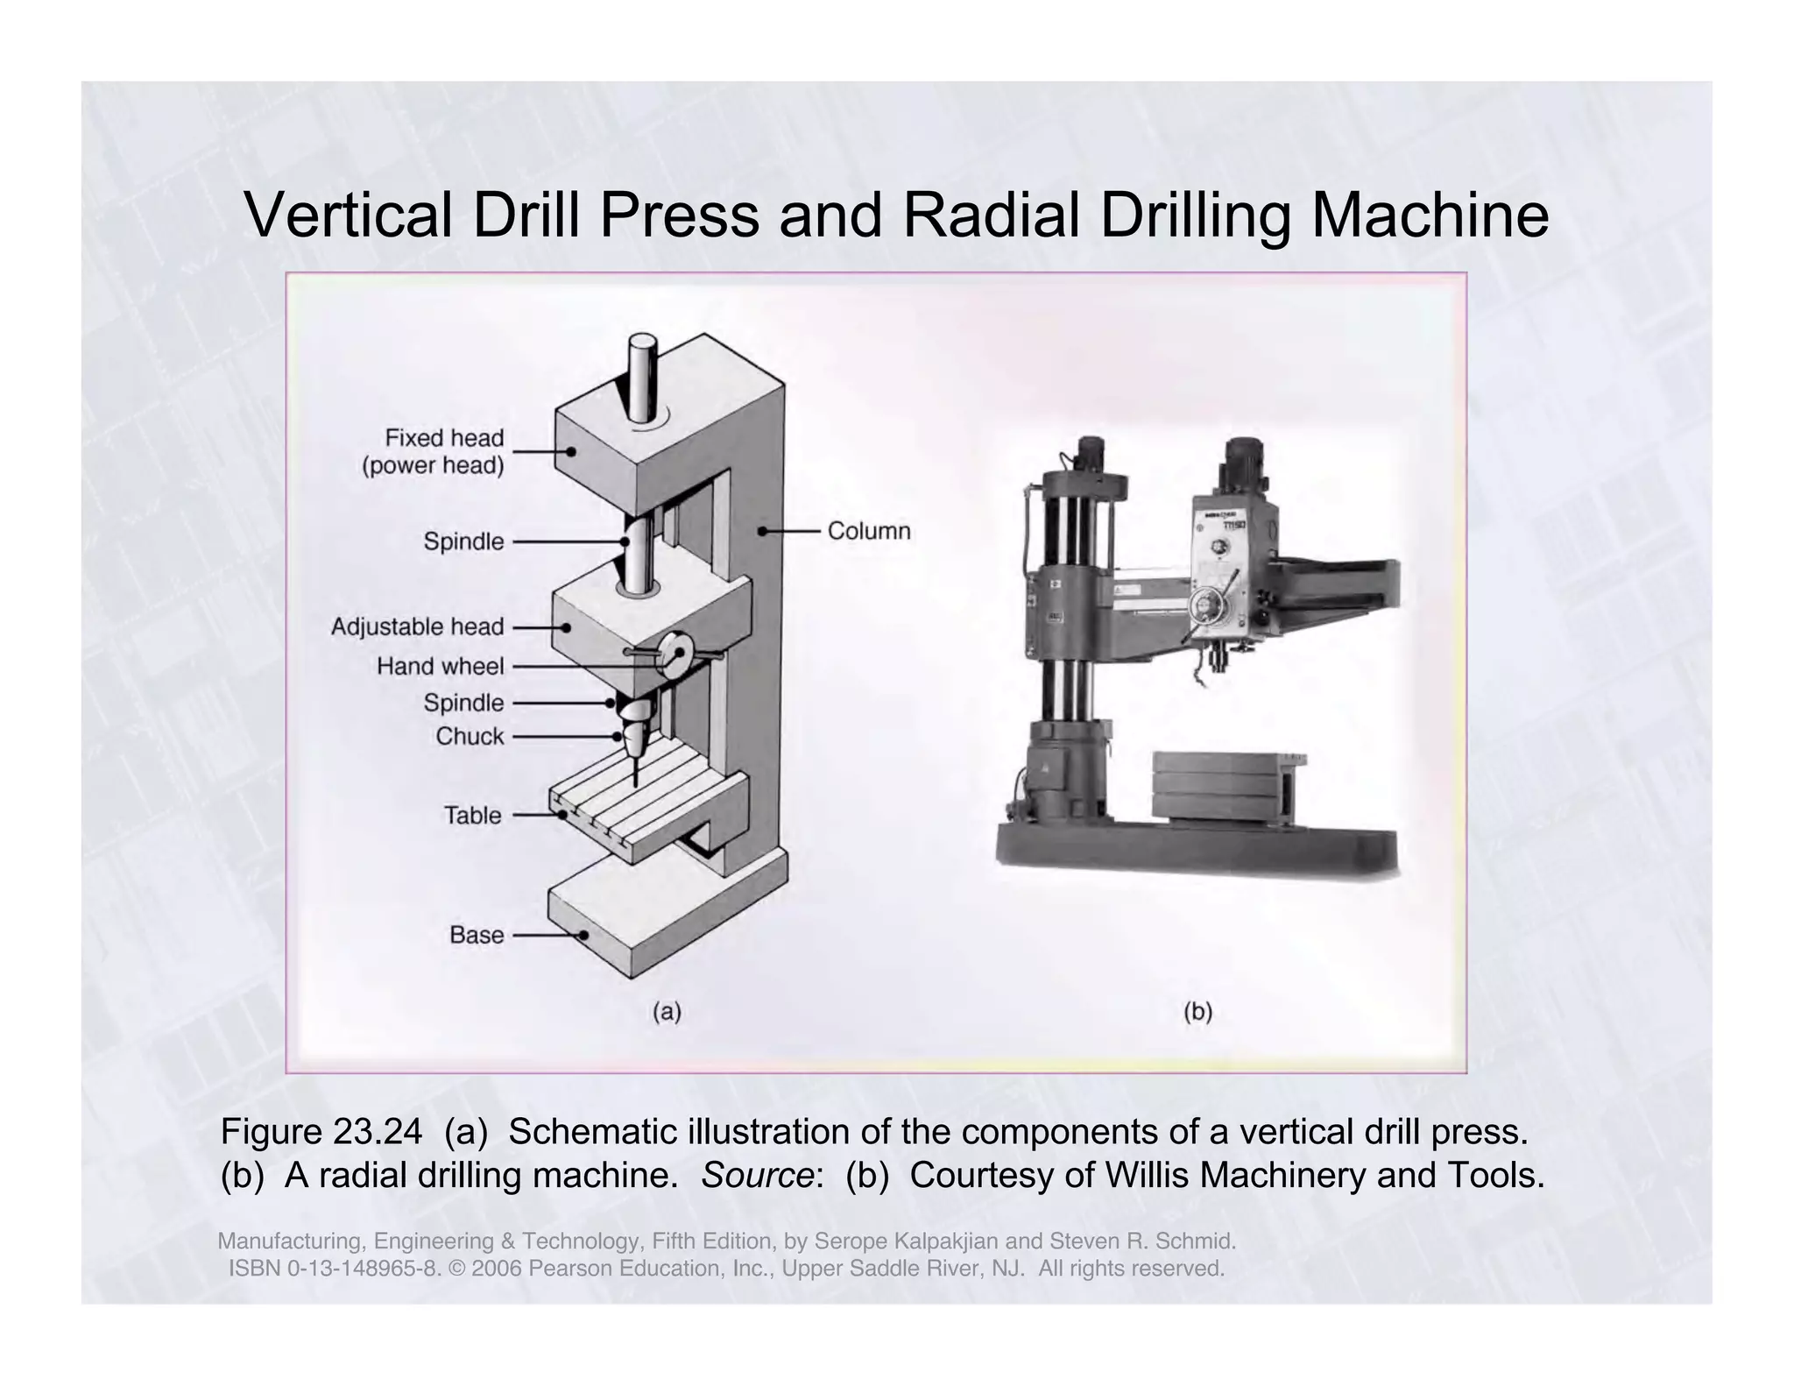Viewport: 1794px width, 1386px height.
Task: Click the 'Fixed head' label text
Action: [x=444, y=438]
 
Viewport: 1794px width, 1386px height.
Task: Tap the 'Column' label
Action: [x=868, y=531]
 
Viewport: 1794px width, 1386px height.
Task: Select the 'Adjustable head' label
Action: [x=417, y=627]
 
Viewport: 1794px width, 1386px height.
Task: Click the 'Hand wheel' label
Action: [x=440, y=667]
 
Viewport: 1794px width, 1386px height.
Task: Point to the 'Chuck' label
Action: [x=470, y=737]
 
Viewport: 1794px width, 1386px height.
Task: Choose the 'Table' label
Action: [x=472, y=816]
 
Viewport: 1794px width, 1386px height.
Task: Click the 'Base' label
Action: [x=477, y=936]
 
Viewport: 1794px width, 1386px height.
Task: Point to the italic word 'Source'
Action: [x=757, y=1176]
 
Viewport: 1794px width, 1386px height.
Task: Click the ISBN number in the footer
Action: [x=333, y=1269]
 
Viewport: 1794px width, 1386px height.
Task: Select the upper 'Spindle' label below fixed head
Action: [x=463, y=541]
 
